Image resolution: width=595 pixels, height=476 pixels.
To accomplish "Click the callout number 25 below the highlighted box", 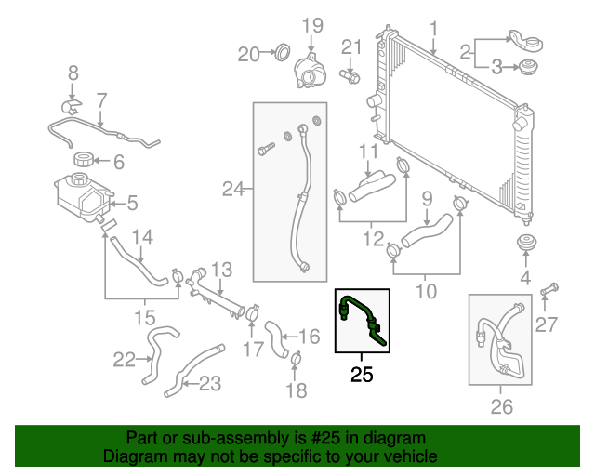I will coord(362,376).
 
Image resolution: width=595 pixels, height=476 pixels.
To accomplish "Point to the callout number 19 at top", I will coord(311,24).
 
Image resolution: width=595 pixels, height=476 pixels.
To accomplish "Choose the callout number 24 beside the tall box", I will coord(231,191).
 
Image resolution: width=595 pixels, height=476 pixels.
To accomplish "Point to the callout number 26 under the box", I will coord(501,405).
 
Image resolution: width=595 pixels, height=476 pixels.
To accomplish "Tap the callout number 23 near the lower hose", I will coord(209,381).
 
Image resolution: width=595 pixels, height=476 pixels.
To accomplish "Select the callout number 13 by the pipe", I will coord(220,270).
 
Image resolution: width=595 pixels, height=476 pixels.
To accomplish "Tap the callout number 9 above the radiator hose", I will coord(427,197).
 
